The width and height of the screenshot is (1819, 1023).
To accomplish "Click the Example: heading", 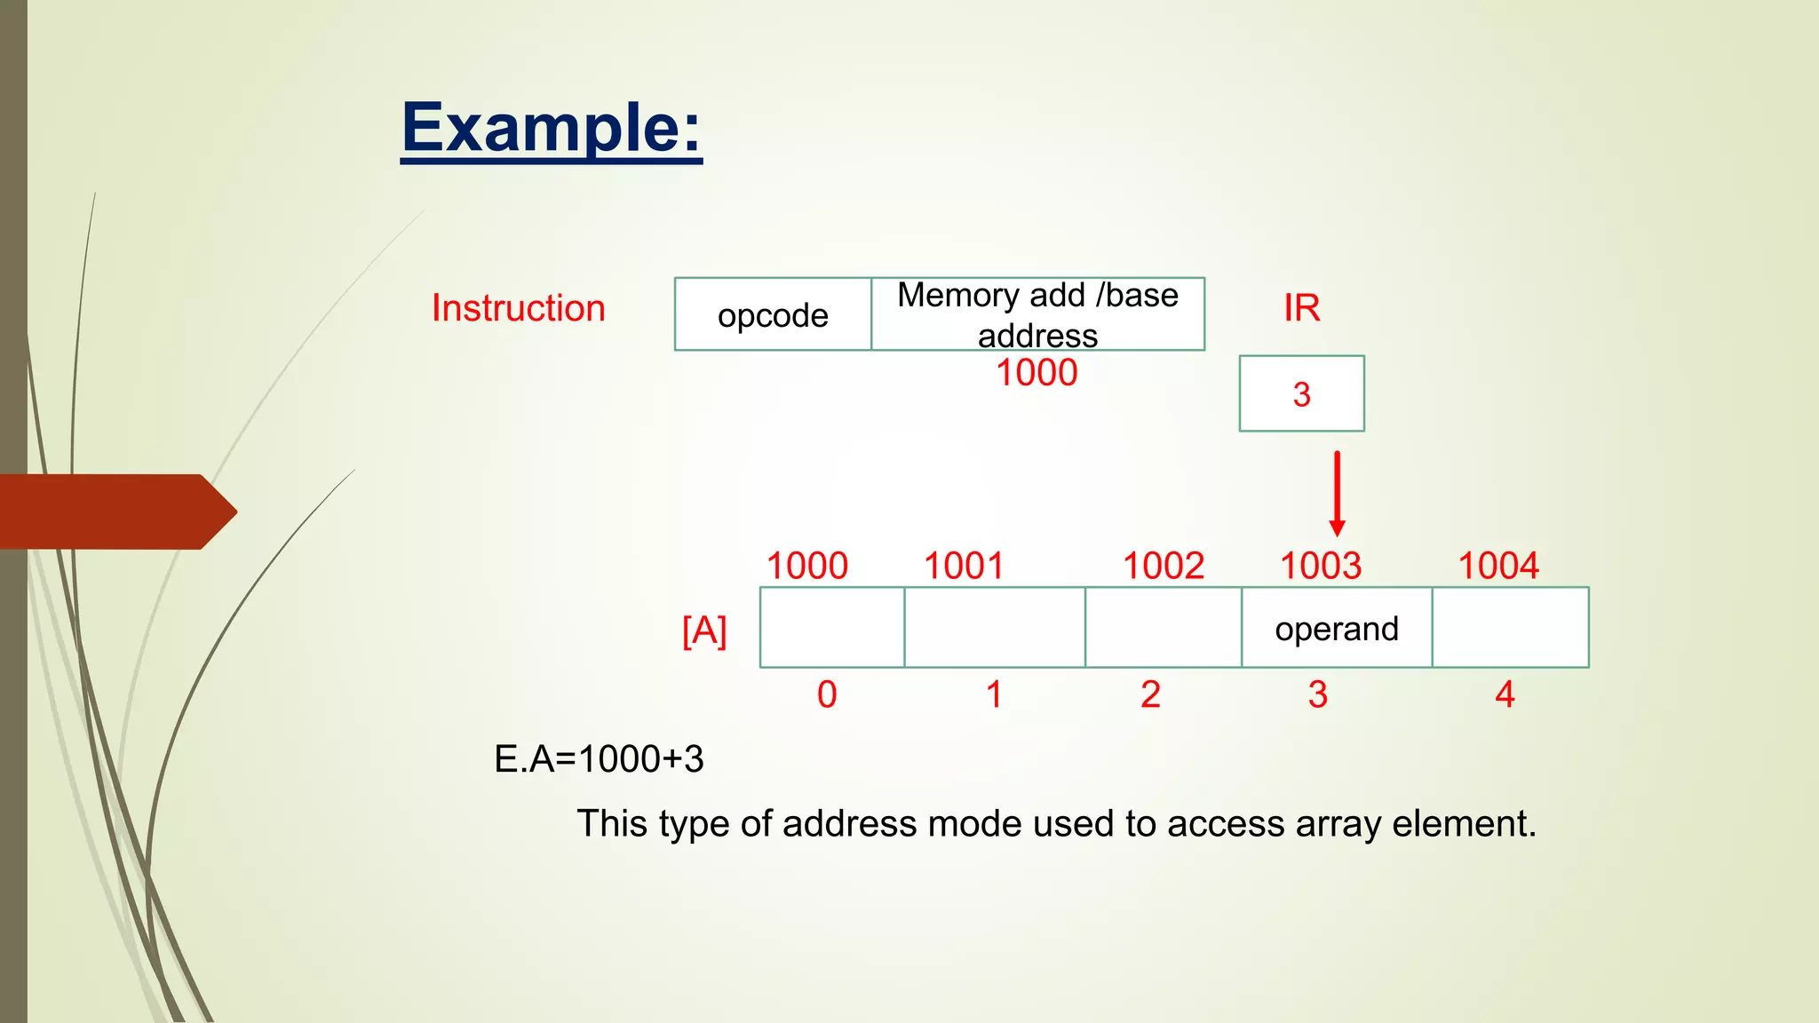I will tap(551, 129).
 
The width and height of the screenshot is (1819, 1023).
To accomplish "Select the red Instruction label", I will tap(518, 308).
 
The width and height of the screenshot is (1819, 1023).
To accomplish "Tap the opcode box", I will tap(773, 314).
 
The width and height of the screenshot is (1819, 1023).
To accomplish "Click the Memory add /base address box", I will tap(1037, 314).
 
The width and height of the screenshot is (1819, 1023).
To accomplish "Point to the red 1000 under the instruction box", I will tap(1037, 373).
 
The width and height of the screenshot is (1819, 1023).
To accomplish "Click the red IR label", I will tap(1301, 308).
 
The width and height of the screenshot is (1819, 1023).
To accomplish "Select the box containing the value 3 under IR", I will tap(1301, 393).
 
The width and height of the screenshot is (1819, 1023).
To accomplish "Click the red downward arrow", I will tap(1337, 493).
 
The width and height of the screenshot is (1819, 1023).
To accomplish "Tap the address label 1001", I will tap(964, 566).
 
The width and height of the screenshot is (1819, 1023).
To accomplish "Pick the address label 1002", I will tap(1164, 566).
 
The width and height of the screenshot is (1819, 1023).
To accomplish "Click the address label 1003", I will tap(1321, 566).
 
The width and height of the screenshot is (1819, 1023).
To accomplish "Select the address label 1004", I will tap(1498, 566).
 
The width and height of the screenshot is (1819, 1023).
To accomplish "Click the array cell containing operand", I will tap(1337, 628).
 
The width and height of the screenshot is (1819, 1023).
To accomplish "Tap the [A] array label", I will tap(704, 630).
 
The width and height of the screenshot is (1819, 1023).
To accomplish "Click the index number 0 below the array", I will tap(827, 694).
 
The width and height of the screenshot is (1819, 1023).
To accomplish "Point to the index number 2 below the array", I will tap(1150, 694).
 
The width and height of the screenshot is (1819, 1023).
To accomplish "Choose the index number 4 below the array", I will tap(1505, 694).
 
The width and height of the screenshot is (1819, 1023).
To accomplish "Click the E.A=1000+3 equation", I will tap(599, 759).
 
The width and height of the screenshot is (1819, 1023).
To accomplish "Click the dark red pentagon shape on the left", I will tap(115, 511).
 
